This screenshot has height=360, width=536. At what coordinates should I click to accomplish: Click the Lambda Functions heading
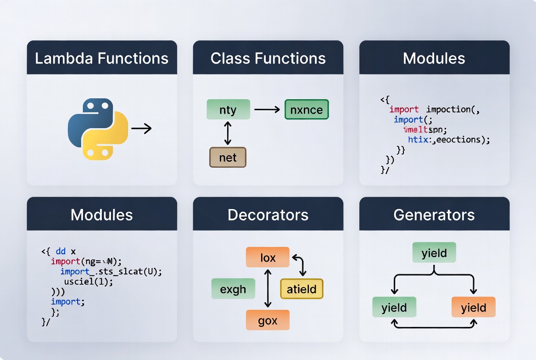point(101,58)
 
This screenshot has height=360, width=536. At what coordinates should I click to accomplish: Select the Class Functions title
point(268,58)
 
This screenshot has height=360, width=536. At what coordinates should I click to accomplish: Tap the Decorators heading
point(268,214)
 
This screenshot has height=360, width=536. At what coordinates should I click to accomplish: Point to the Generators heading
point(434,214)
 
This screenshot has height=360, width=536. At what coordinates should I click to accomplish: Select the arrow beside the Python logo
point(141,129)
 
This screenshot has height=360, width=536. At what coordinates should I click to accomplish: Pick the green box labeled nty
point(228,110)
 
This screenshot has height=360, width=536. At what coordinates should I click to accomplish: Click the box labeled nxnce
point(307,109)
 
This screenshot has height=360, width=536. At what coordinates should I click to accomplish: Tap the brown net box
point(228,157)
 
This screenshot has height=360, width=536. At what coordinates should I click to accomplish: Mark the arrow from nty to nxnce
point(267,109)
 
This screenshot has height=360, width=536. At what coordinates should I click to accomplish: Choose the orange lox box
point(268,257)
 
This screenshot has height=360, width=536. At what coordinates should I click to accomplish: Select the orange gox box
point(268,320)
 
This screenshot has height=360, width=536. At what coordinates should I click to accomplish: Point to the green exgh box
point(233,289)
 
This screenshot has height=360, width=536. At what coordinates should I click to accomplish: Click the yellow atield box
point(301,289)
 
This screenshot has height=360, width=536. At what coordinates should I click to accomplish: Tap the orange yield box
point(474,307)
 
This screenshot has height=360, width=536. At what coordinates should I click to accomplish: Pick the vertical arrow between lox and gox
point(268,288)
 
